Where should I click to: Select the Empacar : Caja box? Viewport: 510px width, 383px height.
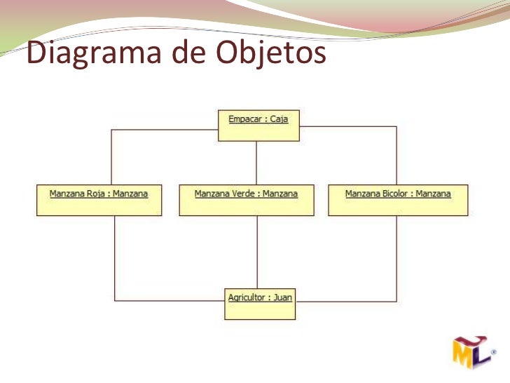[x=258, y=126]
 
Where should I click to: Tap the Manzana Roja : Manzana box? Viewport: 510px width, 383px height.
[x=99, y=200]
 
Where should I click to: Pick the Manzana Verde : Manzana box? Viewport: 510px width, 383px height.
[x=246, y=200]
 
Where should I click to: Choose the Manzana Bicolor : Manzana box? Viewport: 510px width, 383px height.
[x=398, y=200]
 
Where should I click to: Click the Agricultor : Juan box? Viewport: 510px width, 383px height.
[x=260, y=304]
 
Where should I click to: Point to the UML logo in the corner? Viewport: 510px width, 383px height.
[x=471, y=354]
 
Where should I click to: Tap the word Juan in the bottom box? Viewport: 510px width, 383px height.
[x=282, y=297]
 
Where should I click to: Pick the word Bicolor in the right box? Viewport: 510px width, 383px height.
[x=395, y=194]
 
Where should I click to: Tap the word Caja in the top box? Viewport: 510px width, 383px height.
[x=279, y=119]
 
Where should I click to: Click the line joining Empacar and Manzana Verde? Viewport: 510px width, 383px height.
[x=257, y=163]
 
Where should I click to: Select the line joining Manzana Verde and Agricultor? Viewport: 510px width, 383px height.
[x=257, y=253]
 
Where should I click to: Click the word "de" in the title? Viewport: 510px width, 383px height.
[x=187, y=54]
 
